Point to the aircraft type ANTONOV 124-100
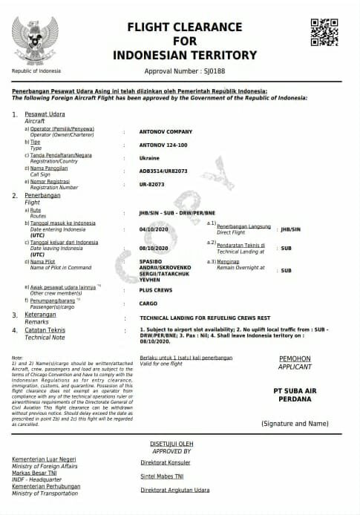click(x=164, y=145)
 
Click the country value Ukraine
click(x=150, y=158)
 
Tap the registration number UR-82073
click(x=154, y=184)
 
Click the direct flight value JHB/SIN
click(x=288, y=229)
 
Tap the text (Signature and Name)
click(x=295, y=423)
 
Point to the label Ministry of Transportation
click(x=47, y=493)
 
